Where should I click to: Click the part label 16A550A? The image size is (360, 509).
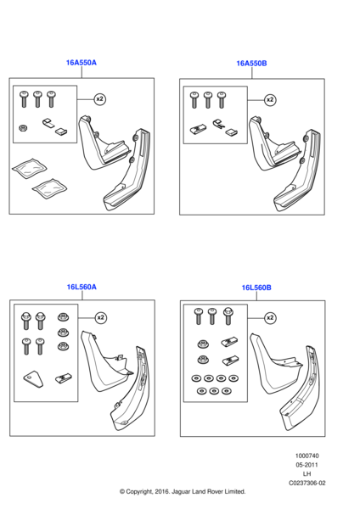pos(82,63)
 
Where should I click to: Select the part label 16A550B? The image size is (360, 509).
pos(251,64)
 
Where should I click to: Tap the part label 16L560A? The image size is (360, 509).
pos(82,287)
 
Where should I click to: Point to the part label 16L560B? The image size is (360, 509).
pos(256,288)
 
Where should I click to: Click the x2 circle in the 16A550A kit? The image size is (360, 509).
pos(99,98)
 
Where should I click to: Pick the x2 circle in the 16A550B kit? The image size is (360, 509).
pos(270,99)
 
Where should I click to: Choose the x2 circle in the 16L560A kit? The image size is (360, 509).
pos(100,317)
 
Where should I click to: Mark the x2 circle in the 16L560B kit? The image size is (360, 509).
pos(270,318)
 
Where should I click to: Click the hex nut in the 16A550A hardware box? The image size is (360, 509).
pos(23,128)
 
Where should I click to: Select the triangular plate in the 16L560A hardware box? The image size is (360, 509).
pos(33,379)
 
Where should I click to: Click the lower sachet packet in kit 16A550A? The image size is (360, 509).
pos(50,188)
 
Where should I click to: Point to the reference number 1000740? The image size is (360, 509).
pos(307,456)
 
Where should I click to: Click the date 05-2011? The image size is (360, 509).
pos(307,465)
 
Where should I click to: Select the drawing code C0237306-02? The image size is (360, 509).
pos(307,483)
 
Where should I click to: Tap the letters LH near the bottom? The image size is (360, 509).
pos(307,474)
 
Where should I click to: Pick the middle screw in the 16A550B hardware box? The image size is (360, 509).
pos(208,99)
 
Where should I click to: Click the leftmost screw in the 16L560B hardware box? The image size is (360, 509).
pos(198,316)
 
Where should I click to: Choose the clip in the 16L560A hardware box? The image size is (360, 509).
pos(64,378)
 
